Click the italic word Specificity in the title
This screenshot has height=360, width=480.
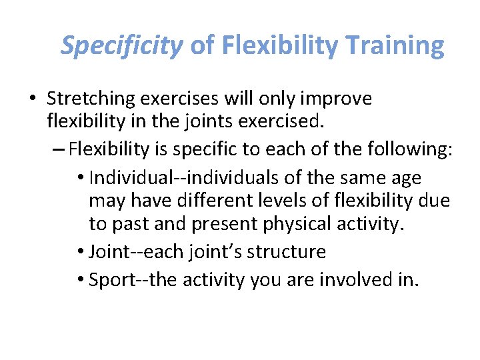(x=121, y=45)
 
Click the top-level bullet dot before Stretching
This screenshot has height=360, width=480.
(x=32, y=99)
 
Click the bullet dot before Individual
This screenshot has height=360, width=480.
(x=80, y=178)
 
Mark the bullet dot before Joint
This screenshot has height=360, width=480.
(x=80, y=252)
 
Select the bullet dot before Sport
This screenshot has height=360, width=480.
(x=80, y=279)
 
